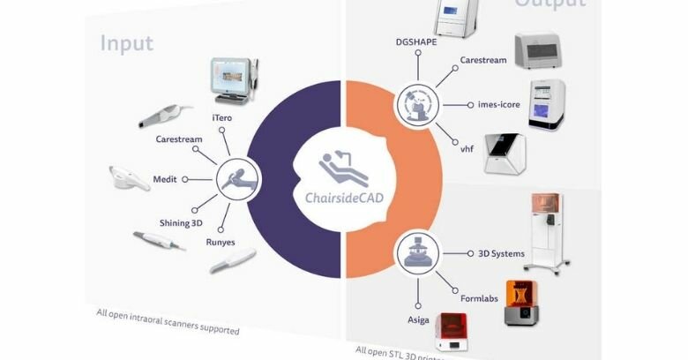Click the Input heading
tap(126, 42)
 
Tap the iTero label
tap(222, 117)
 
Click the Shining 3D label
tap(181, 223)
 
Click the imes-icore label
tap(499, 104)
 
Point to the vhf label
tap(467, 148)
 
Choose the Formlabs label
tap(479, 298)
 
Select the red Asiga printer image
tap(455, 332)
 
